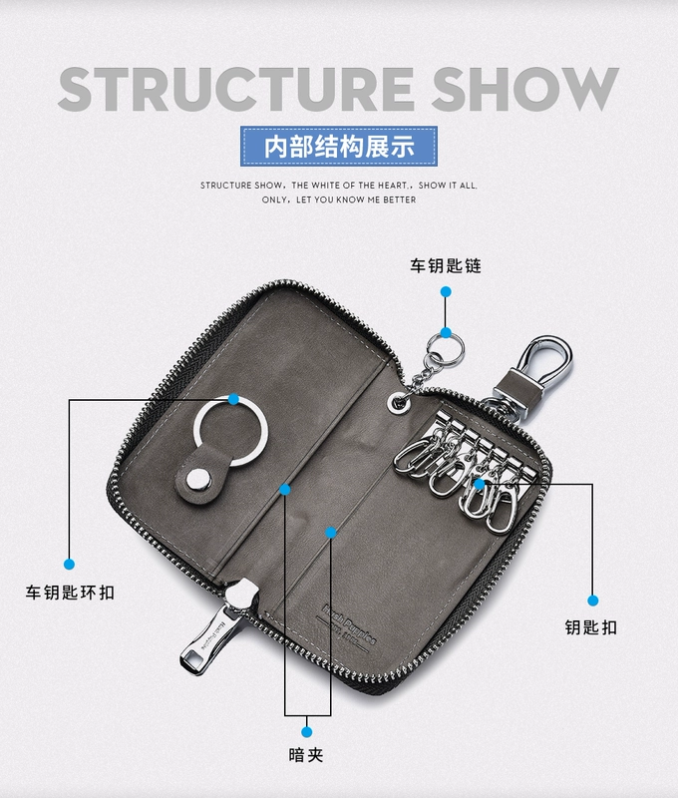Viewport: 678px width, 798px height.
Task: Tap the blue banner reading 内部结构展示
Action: click(x=338, y=146)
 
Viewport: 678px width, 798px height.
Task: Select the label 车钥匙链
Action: click(x=445, y=266)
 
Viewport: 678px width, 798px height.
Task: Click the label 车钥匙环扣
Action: click(x=70, y=593)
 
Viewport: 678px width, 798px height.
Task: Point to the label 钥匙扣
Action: click(x=591, y=627)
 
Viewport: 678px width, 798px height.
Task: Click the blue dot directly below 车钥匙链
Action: click(x=446, y=292)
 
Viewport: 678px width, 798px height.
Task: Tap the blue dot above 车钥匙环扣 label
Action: click(x=70, y=564)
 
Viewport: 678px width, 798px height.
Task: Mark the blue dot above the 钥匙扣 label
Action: click(x=592, y=600)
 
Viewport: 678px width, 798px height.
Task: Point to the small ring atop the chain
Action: click(x=446, y=348)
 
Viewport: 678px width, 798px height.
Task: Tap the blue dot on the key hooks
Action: click(x=480, y=484)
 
